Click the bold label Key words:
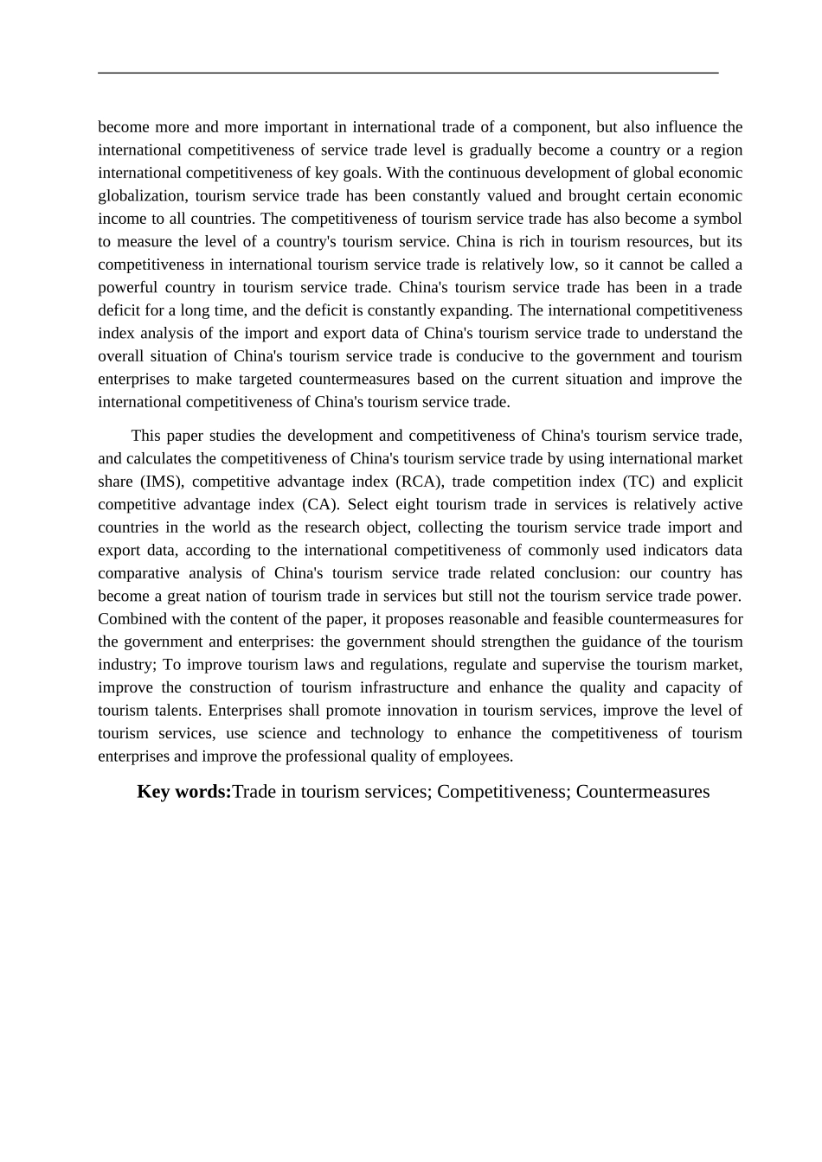(x=184, y=791)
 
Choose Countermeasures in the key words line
(x=643, y=791)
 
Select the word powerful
(x=128, y=287)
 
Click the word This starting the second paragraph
(x=146, y=436)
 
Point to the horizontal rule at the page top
(x=408, y=73)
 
